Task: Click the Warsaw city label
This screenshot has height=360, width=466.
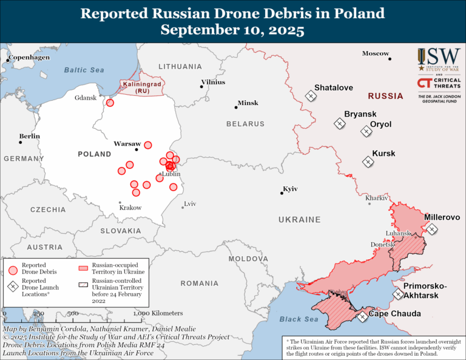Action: [x=127, y=144]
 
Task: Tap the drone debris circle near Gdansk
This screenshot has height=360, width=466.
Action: [x=110, y=103]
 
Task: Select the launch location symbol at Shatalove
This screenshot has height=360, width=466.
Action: [x=310, y=95]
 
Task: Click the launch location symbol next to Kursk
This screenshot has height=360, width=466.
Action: [x=368, y=161]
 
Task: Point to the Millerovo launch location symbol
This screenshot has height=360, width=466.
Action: [x=431, y=229]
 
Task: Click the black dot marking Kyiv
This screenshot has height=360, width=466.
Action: [x=283, y=193]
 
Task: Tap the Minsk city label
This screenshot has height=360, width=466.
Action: [x=248, y=103]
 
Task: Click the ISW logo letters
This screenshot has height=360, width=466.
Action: [x=436, y=57]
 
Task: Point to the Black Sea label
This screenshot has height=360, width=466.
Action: [x=299, y=319]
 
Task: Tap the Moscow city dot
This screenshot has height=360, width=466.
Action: [x=390, y=59]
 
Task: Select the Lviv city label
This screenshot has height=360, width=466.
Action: [x=190, y=203]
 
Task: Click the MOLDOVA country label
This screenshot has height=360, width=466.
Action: [x=248, y=259]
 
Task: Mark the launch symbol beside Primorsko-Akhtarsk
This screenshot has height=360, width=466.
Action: [x=398, y=294]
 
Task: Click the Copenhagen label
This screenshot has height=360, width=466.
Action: [x=30, y=58]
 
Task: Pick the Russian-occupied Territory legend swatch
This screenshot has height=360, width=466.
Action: [x=83, y=266]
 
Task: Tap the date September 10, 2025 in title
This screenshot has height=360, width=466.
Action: [x=232, y=30]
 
